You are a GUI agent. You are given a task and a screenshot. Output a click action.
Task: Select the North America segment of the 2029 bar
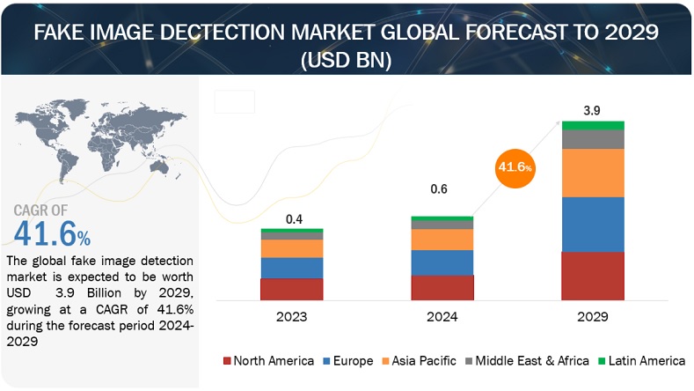pyautogui.click(x=592, y=277)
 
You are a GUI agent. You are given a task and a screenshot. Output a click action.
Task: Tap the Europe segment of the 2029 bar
pyautogui.click(x=592, y=224)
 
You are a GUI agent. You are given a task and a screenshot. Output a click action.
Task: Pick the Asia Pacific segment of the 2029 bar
pyautogui.click(x=592, y=173)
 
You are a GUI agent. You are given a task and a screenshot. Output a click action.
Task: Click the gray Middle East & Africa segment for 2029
pyautogui.click(x=592, y=139)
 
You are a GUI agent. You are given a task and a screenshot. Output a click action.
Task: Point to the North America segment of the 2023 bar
pyautogui.click(x=291, y=290)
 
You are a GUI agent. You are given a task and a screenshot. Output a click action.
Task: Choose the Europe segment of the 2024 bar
pyautogui.click(x=442, y=262)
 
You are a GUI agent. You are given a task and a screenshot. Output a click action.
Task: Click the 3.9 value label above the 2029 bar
pyautogui.click(x=593, y=112)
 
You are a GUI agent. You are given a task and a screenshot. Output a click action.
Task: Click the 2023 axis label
pyautogui.click(x=291, y=315)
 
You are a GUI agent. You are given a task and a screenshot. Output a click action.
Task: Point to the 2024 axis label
pyautogui.click(x=442, y=315)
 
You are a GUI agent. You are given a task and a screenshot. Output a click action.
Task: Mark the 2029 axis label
pyautogui.click(x=593, y=315)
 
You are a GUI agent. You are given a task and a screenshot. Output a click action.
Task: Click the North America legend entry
pyautogui.click(x=269, y=360)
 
